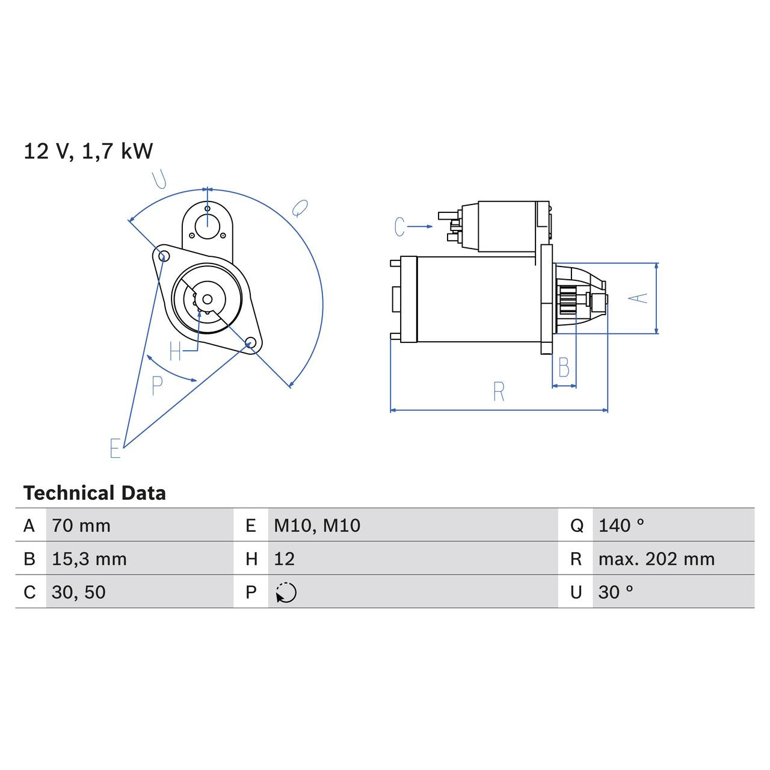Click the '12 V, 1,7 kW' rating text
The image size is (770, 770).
tap(88, 151)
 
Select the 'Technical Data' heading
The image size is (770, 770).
tap(94, 493)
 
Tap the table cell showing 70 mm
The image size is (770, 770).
tap(81, 526)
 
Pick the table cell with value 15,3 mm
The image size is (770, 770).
tap(89, 559)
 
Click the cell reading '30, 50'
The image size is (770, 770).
tap(79, 593)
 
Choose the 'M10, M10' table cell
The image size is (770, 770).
tap(317, 526)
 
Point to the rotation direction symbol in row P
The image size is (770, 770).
tap(286, 593)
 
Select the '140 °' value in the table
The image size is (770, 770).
tap(621, 526)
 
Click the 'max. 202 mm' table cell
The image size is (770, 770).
tap(656, 559)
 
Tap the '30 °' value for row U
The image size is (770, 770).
tap(615, 593)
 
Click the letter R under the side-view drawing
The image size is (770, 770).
tap(499, 392)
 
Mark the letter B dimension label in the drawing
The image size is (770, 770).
tap(564, 368)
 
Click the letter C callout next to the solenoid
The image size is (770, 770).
tap(399, 227)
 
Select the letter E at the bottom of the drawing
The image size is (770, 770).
tap(115, 449)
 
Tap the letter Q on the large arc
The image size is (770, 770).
tap(299, 208)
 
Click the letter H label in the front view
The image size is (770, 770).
tap(175, 351)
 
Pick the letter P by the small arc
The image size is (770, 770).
tap(157, 386)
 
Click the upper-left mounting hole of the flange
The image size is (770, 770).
tap(162, 256)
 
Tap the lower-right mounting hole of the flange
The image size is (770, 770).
tap(250, 343)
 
